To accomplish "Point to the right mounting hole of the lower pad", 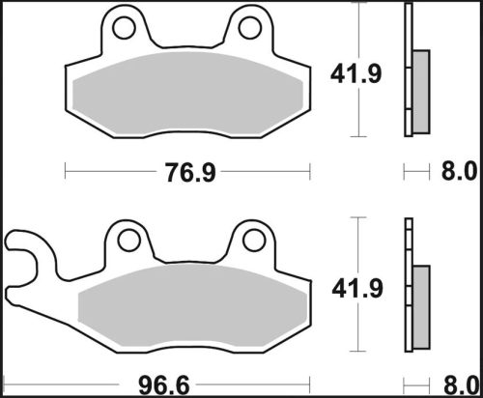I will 254,239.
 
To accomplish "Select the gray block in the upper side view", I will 421,92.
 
